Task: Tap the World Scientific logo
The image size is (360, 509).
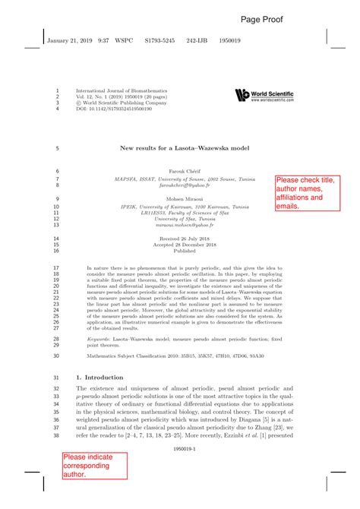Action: [264, 95]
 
